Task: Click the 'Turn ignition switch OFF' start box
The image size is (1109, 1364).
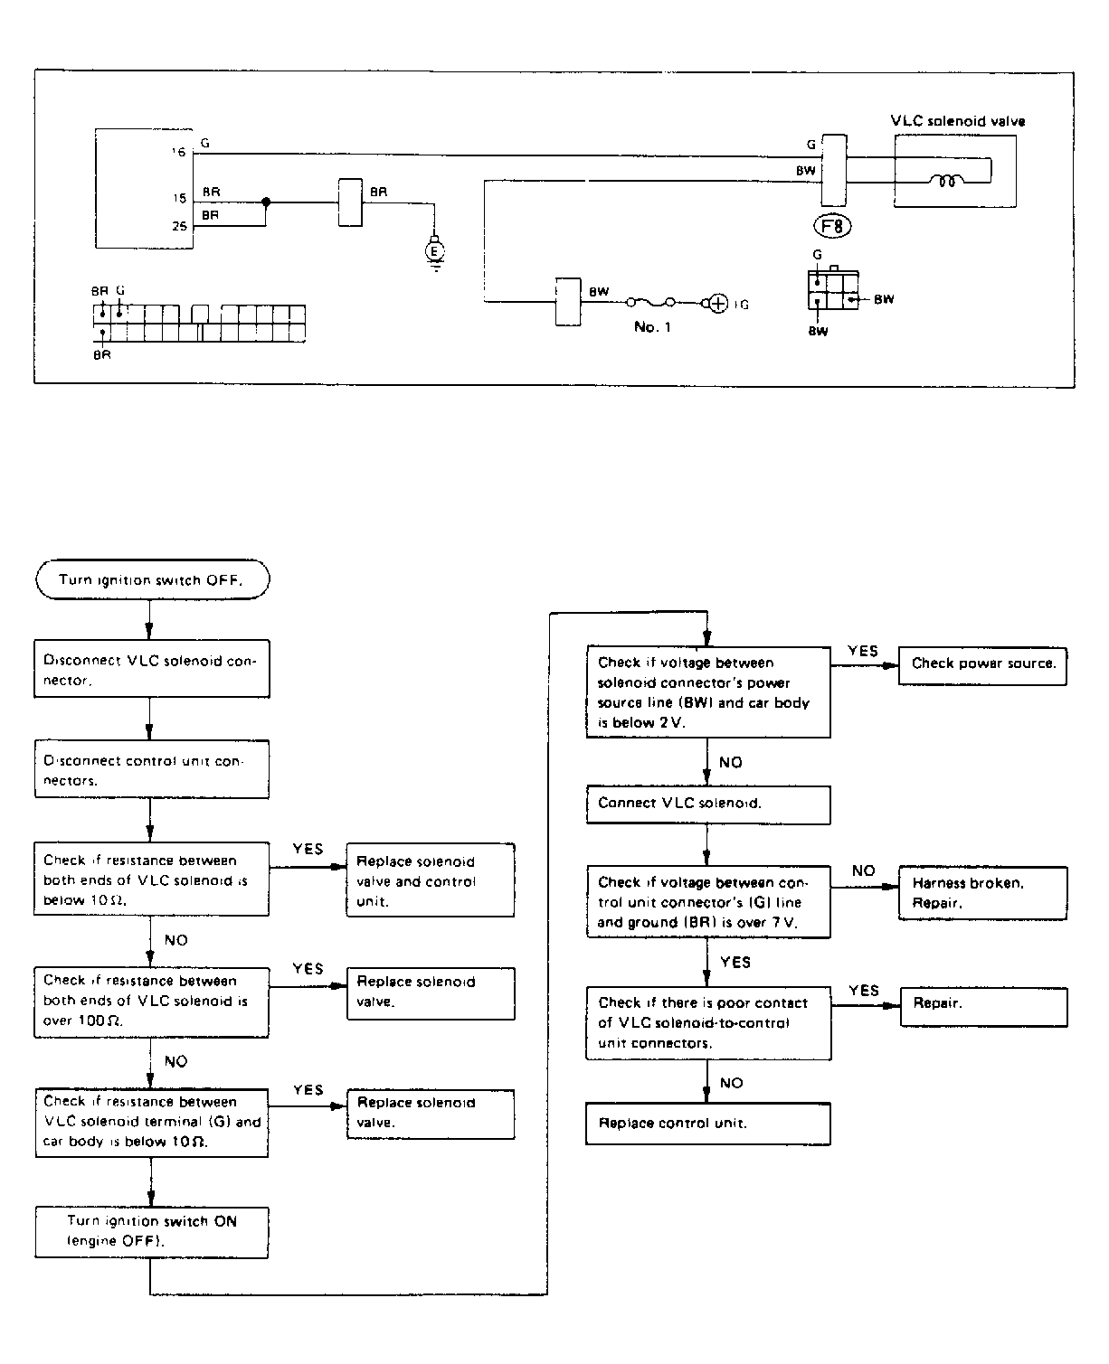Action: (x=152, y=579)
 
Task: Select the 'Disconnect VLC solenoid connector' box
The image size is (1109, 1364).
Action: (x=152, y=670)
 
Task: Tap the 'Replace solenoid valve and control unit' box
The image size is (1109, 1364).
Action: (x=431, y=880)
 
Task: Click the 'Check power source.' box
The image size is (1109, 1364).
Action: (x=982, y=664)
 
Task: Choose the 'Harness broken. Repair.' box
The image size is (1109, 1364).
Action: (x=982, y=893)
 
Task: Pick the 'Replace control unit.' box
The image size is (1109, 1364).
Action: (x=707, y=1124)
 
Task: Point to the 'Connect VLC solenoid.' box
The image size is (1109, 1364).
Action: (x=707, y=804)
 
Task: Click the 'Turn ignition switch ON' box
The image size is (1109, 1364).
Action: (x=152, y=1231)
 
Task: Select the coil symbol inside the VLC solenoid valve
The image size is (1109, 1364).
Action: (x=947, y=181)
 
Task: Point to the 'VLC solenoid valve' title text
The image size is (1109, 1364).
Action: (x=958, y=121)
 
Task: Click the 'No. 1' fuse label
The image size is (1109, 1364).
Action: (x=652, y=327)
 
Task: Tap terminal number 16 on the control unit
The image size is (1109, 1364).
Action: (x=179, y=153)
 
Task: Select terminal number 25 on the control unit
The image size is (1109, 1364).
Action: (x=179, y=226)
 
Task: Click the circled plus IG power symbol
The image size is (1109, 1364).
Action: (x=717, y=304)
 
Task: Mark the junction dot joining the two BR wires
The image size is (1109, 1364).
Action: (x=266, y=202)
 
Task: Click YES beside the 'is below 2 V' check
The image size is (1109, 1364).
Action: (x=862, y=652)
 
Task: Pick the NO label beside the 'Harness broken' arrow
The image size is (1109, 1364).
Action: (x=863, y=871)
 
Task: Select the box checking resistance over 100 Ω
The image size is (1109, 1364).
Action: (x=152, y=1002)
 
